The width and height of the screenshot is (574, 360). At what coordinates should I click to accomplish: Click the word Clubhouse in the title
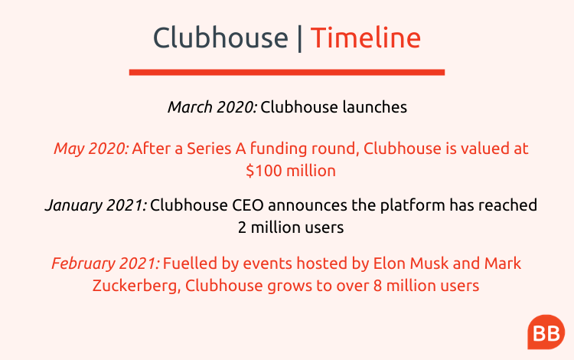(220, 38)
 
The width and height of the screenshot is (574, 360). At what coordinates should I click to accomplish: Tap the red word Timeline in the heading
(366, 38)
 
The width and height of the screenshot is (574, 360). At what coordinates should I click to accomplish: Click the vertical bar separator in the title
(300, 38)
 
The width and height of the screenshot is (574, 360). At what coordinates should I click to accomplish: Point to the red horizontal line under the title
(287, 72)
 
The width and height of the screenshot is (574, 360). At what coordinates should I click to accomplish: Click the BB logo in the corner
(546, 332)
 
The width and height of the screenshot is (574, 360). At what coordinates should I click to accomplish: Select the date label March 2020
(213, 107)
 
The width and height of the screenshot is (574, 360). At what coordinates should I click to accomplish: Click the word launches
(375, 107)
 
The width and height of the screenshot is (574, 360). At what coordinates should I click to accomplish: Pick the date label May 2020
(92, 149)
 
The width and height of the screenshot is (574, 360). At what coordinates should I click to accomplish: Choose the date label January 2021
(96, 205)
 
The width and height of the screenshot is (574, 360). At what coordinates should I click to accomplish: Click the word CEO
(248, 205)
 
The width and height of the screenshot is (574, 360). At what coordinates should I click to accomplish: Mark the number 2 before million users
(242, 227)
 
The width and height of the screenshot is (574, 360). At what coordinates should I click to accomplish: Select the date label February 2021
(106, 263)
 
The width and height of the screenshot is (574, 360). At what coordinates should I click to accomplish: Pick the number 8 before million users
(378, 286)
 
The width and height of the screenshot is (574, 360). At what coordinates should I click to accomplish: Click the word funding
(279, 149)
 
